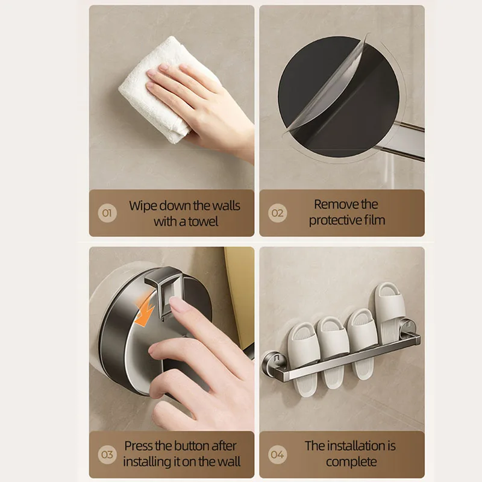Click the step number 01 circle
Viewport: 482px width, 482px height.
tap(107, 213)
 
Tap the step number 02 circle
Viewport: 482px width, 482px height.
tap(277, 213)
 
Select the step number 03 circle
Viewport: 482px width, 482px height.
tap(107, 454)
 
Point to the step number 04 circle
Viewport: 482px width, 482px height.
tap(277, 454)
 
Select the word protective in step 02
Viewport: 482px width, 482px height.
tap(337, 221)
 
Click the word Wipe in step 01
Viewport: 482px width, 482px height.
tap(143, 205)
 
